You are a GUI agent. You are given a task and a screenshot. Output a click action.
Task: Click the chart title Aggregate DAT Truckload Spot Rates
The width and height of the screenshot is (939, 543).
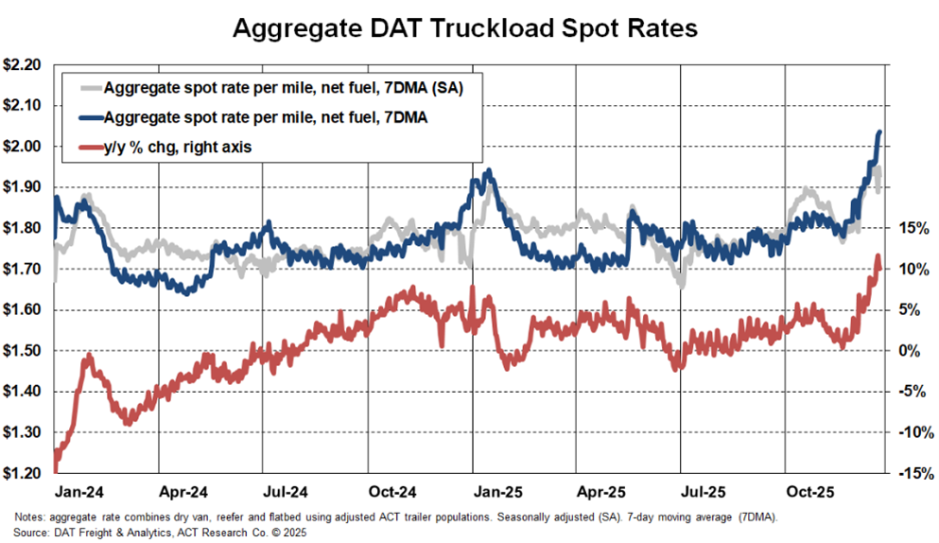pyautogui.click(x=465, y=28)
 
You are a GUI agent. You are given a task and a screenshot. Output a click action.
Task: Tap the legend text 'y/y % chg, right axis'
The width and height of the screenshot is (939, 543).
pyautogui.click(x=179, y=147)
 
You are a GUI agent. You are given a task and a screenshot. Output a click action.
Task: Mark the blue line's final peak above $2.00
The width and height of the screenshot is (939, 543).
pyautogui.click(x=879, y=132)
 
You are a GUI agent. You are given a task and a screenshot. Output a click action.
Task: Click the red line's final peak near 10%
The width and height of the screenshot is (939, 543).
pyautogui.click(x=877, y=256)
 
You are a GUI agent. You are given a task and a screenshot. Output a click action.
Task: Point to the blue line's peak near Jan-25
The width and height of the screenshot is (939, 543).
pyautogui.click(x=487, y=171)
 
